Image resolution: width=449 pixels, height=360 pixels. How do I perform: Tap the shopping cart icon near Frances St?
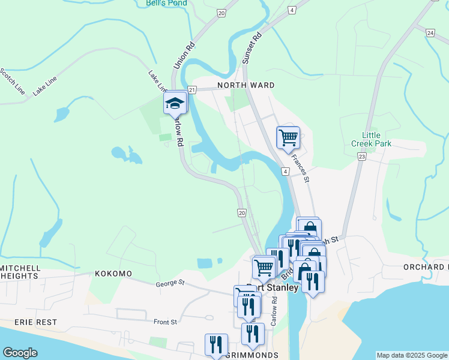[288, 137]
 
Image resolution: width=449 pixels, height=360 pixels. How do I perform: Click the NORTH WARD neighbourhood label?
[246, 85]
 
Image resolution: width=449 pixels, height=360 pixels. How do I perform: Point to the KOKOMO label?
[113, 274]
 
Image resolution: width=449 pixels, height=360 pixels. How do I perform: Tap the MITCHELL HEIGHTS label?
[20, 272]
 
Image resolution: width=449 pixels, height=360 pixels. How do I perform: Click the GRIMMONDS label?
[252, 355]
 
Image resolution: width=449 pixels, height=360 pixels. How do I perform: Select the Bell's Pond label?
[166, 3]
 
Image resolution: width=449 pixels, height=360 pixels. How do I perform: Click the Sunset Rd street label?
[252, 49]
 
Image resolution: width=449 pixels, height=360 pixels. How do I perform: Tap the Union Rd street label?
[184, 55]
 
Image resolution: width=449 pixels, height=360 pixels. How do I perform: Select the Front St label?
[165, 322]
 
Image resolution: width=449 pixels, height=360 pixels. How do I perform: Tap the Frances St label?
[300, 168]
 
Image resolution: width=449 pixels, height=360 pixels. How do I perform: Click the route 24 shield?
[430, 32]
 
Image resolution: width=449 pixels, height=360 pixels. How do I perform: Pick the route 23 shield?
[361, 157]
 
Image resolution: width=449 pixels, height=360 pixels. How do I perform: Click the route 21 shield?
[191, 89]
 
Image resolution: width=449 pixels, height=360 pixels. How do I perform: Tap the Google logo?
[20, 353]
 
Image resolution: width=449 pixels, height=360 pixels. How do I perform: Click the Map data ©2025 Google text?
[412, 355]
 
